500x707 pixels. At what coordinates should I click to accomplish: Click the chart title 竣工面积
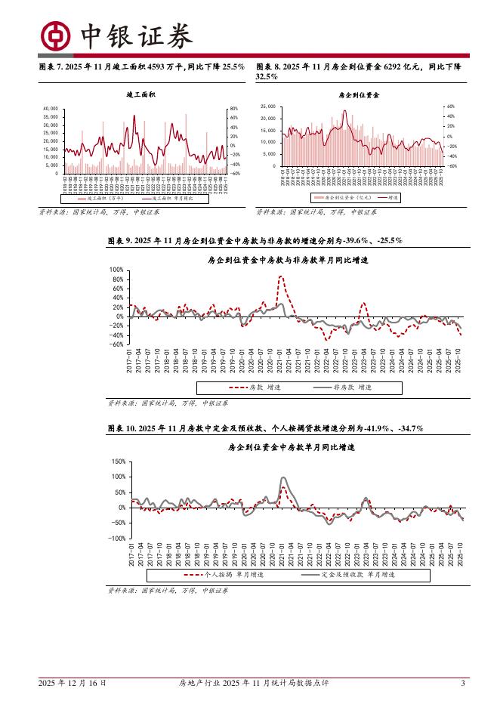(x=141, y=94)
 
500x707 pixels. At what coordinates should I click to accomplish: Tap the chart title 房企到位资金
(x=360, y=95)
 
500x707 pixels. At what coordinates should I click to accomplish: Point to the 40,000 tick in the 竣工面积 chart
(x=51, y=109)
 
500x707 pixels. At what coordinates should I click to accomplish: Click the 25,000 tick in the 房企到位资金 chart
(x=268, y=107)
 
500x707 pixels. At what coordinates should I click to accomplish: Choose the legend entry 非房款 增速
(x=350, y=387)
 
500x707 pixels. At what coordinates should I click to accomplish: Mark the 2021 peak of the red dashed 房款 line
(x=281, y=277)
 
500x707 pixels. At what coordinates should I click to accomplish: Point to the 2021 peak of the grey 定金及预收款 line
(x=283, y=478)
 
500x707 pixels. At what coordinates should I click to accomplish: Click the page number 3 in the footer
(x=461, y=684)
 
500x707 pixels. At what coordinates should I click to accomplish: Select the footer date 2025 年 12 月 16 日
(x=73, y=684)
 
